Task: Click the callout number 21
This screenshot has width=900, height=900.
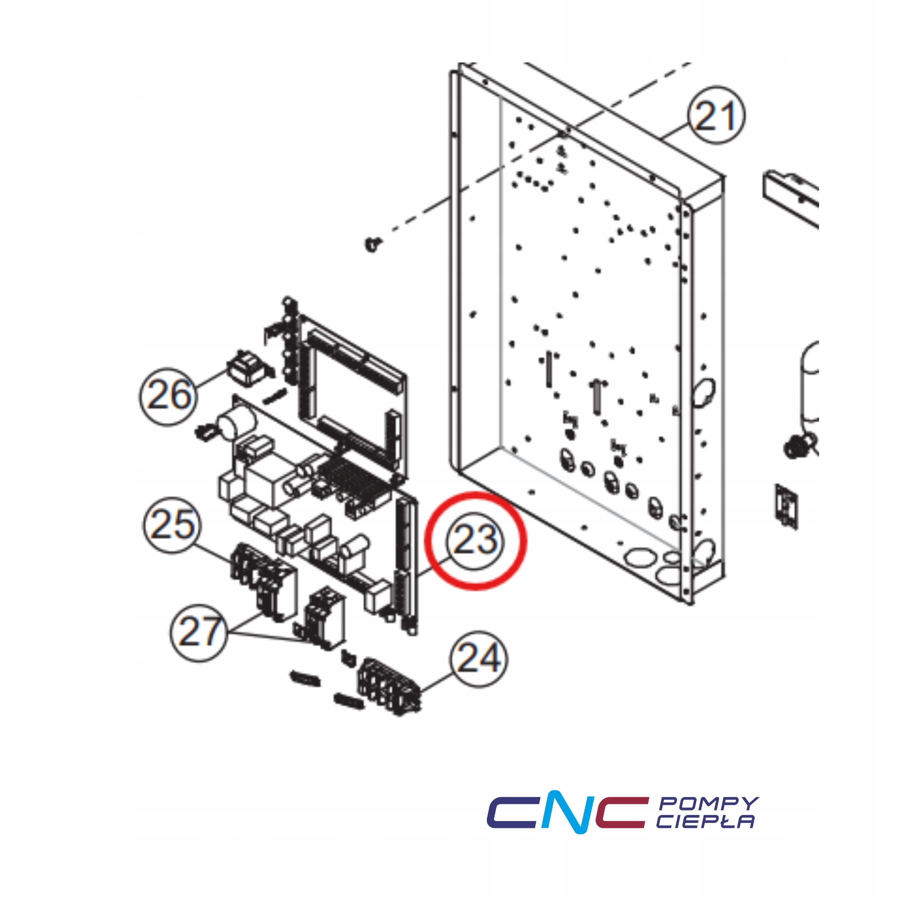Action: pyautogui.click(x=716, y=115)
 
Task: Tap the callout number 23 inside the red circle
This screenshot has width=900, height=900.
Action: pyautogui.click(x=474, y=540)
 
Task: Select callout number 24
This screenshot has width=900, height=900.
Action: pyautogui.click(x=478, y=658)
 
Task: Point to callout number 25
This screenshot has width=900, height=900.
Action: pyautogui.click(x=172, y=524)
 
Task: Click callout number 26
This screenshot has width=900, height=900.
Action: pyautogui.click(x=168, y=396)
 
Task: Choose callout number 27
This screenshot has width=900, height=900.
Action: pyautogui.click(x=199, y=632)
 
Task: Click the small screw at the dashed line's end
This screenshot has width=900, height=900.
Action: pyautogui.click(x=372, y=244)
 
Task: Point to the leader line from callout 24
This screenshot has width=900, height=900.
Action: pyautogui.click(x=437, y=681)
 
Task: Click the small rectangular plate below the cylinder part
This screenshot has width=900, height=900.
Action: pyautogui.click(x=785, y=505)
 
